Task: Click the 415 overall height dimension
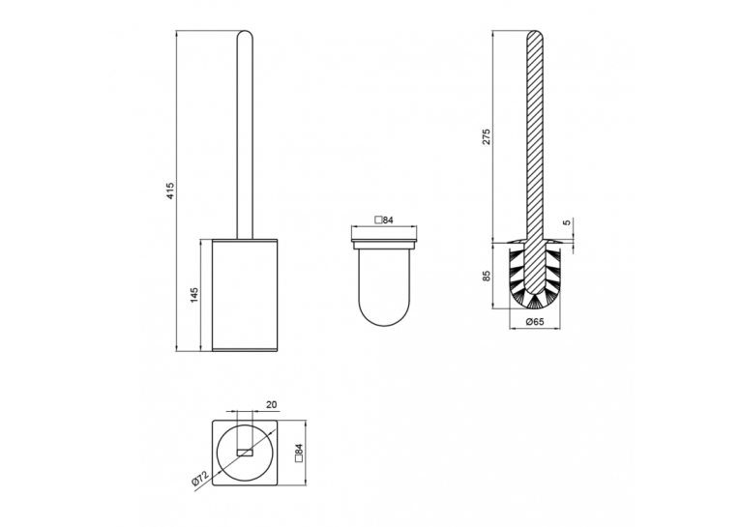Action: point(170,190)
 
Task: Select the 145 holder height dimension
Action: point(194,295)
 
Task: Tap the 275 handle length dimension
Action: point(487,136)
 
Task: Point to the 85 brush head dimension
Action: point(487,275)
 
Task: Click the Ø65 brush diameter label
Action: point(535,322)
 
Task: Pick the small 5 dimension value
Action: point(567,221)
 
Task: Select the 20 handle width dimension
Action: point(272,405)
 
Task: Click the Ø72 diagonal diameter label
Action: point(199,479)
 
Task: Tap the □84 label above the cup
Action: point(384,220)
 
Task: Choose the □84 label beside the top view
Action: point(298,453)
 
